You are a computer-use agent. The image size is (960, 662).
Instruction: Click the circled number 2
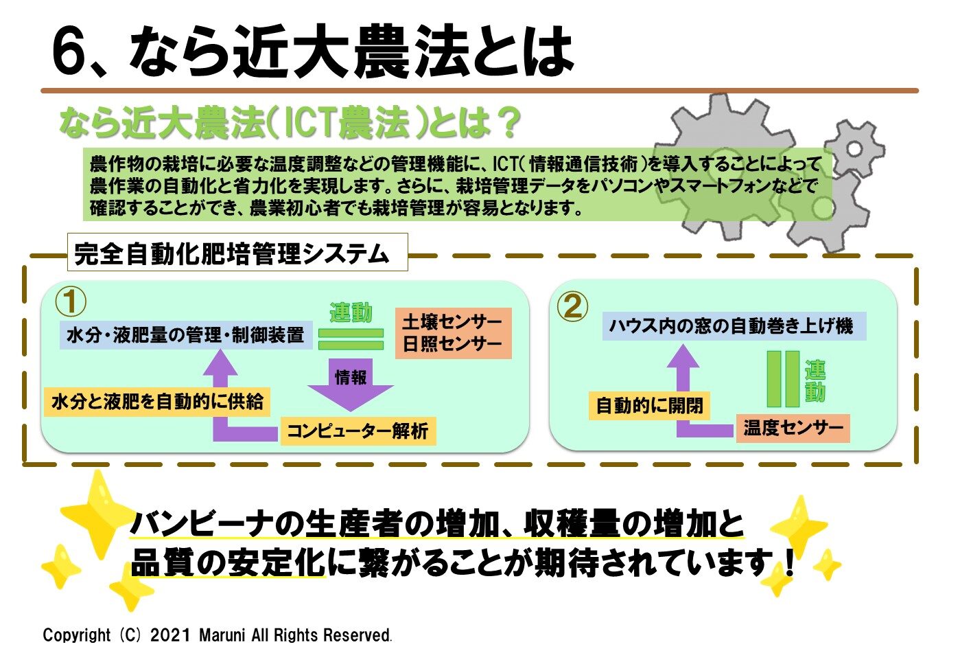[x=572, y=306]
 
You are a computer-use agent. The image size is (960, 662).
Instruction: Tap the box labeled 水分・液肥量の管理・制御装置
[x=185, y=335]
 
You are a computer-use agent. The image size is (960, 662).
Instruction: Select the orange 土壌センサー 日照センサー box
[x=453, y=333]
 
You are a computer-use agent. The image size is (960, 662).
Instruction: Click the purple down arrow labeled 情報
[x=351, y=385]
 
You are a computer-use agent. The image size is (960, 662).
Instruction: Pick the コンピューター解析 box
[x=358, y=431]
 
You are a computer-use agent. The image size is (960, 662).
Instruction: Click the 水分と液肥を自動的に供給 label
[x=157, y=402]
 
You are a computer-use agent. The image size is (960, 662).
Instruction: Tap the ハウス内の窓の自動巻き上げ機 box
[x=734, y=326]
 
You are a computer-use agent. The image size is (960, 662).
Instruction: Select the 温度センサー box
[x=793, y=429]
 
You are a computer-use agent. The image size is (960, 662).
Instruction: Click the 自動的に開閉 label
[x=649, y=406]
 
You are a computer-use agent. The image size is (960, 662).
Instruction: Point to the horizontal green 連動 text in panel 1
[x=351, y=312]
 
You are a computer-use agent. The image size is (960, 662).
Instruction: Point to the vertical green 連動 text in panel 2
[x=815, y=380]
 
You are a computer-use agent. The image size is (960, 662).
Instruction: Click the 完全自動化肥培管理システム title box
[x=237, y=252]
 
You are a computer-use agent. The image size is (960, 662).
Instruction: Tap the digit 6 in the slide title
[x=69, y=51]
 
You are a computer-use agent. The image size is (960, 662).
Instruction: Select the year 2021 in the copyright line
[x=170, y=635]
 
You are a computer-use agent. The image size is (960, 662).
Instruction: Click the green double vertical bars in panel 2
[x=783, y=378]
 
